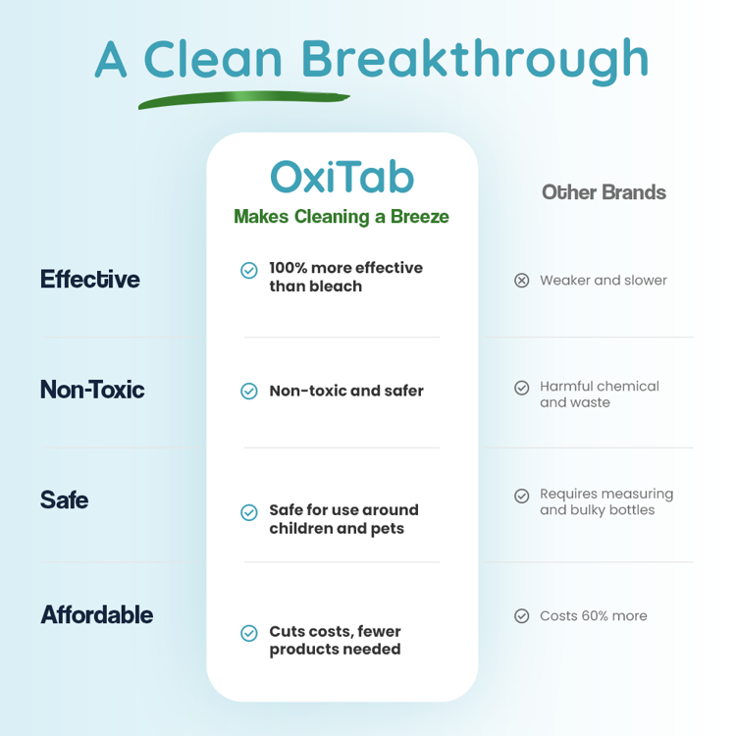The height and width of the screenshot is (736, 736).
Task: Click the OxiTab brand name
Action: [342, 177]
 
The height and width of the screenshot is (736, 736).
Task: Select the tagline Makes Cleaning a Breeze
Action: [342, 217]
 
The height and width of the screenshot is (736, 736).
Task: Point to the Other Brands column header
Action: [604, 192]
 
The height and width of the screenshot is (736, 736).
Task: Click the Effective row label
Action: [90, 280]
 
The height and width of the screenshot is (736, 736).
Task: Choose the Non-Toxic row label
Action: [92, 390]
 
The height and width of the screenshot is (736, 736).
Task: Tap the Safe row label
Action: [65, 499]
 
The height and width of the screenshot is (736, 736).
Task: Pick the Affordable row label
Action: [97, 615]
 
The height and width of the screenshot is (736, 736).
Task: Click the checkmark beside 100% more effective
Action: [249, 270]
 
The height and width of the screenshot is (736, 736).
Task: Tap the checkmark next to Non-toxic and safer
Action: [249, 392]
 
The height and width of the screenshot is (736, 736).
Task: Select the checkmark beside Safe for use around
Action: [249, 512]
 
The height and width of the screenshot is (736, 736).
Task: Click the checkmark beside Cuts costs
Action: [249, 634]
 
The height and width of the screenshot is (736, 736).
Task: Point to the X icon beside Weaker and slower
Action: [522, 281]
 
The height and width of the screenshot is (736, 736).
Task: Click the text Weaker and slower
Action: [604, 281]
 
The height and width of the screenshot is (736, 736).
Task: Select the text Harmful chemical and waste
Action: [600, 394]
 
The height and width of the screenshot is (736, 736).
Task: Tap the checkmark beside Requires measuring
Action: [522, 497]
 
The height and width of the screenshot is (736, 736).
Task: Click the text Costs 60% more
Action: [594, 616]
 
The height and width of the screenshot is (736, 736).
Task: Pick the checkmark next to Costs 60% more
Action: [522, 616]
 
